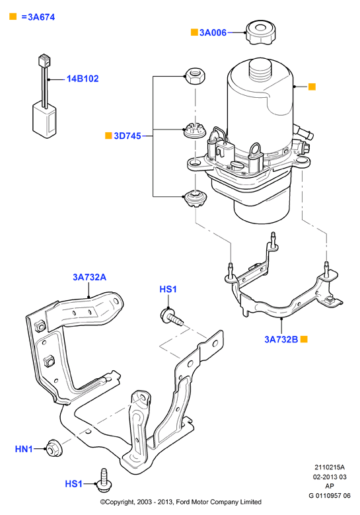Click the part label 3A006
(x=213, y=32)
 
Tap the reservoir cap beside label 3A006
(x=260, y=32)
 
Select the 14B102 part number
(x=83, y=79)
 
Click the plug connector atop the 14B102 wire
(x=44, y=59)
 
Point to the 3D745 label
(x=127, y=136)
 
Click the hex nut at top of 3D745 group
(x=196, y=76)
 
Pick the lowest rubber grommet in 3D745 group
(x=196, y=199)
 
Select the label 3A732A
(x=90, y=277)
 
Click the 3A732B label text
(x=281, y=339)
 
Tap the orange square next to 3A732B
(x=305, y=339)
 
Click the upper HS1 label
(x=168, y=289)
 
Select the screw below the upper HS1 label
(x=172, y=317)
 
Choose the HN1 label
(x=24, y=449)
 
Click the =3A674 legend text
(x=38, y=17)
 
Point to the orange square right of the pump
(x=312, y=87)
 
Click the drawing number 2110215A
(x=330, y=467)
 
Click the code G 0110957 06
(x=330, y=496)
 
